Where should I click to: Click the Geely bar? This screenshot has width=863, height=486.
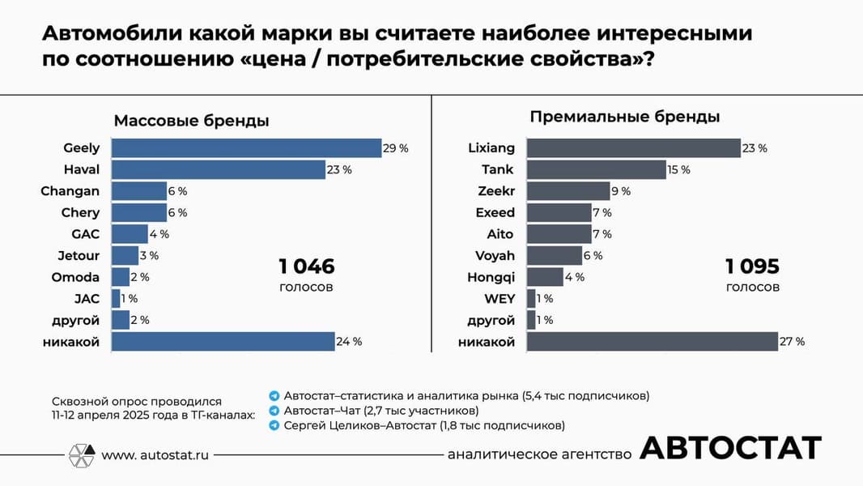click(x=246, y=148)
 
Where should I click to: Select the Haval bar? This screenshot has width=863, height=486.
click(x=218, y=169)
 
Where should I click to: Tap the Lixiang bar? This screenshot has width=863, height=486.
click(x=633, y=148)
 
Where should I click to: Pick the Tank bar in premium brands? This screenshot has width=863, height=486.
click(x=596, y=169)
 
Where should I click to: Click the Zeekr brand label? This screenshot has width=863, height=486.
click(x=496, y=191)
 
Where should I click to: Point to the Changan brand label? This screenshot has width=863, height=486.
click(x=70, y=191)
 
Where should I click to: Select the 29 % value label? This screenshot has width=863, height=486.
click(x=397, y=148)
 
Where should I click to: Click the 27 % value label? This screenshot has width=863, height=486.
click(x=793, y=342)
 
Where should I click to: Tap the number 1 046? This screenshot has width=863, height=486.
click(x=306, y=267)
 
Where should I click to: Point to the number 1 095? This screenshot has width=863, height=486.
click(x=752, y=267)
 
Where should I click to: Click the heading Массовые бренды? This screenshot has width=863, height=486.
click(x=191, y=121)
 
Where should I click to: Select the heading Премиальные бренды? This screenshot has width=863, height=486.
click(x=625, y=117)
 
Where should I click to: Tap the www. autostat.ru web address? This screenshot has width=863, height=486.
click(x=155, y=455)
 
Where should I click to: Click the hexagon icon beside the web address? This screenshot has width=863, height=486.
click(x=81, y=454)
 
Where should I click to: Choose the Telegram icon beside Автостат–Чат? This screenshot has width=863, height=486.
click(x=274, y=411)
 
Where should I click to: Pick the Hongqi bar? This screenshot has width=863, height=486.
click(x=544, y=277)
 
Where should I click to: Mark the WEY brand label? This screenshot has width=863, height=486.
click(x=500, y=299)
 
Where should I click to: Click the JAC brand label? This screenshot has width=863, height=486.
click(x=87, y=299)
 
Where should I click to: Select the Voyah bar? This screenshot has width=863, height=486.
click(x=554, y=256)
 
